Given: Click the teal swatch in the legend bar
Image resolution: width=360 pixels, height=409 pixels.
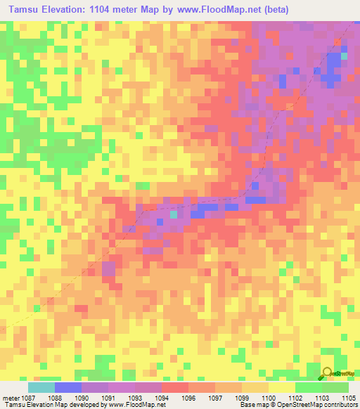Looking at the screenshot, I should tap(41, 387).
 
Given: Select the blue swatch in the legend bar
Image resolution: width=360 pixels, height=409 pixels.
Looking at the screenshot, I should tap(68, 387).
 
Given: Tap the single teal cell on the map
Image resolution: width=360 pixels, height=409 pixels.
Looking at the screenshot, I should tap(174, 214).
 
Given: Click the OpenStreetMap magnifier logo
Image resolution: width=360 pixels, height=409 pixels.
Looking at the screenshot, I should tap(328, 373).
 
